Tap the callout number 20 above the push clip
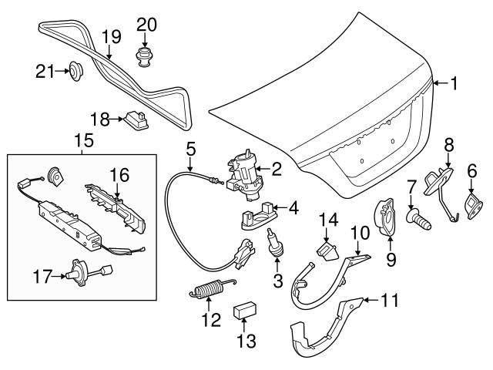[146, 24]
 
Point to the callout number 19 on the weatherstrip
[112, 35]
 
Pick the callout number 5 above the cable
[190, 147]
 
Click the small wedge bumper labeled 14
[329, 249]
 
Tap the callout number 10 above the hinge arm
[360, 230]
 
